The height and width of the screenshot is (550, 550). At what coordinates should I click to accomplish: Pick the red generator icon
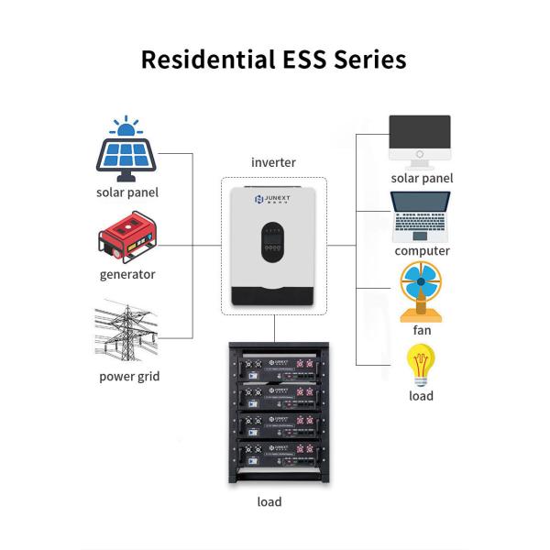[x=127, y=237]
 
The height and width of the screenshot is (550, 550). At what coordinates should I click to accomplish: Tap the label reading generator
[x=127, y=274]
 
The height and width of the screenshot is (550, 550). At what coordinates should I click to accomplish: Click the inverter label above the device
[x=273, y=162]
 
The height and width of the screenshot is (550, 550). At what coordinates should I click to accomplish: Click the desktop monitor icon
[x=421, y=139]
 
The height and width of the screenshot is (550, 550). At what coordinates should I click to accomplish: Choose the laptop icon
[x=421, y=216]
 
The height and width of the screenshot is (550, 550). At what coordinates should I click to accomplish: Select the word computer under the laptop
[x=422, y=250]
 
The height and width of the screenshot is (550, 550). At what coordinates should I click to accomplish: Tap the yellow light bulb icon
[x=421, y=366]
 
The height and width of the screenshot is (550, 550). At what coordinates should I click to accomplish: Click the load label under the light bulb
[x=421, y=396]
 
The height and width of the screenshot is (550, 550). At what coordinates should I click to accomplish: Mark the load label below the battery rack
[x=269, y=501]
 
